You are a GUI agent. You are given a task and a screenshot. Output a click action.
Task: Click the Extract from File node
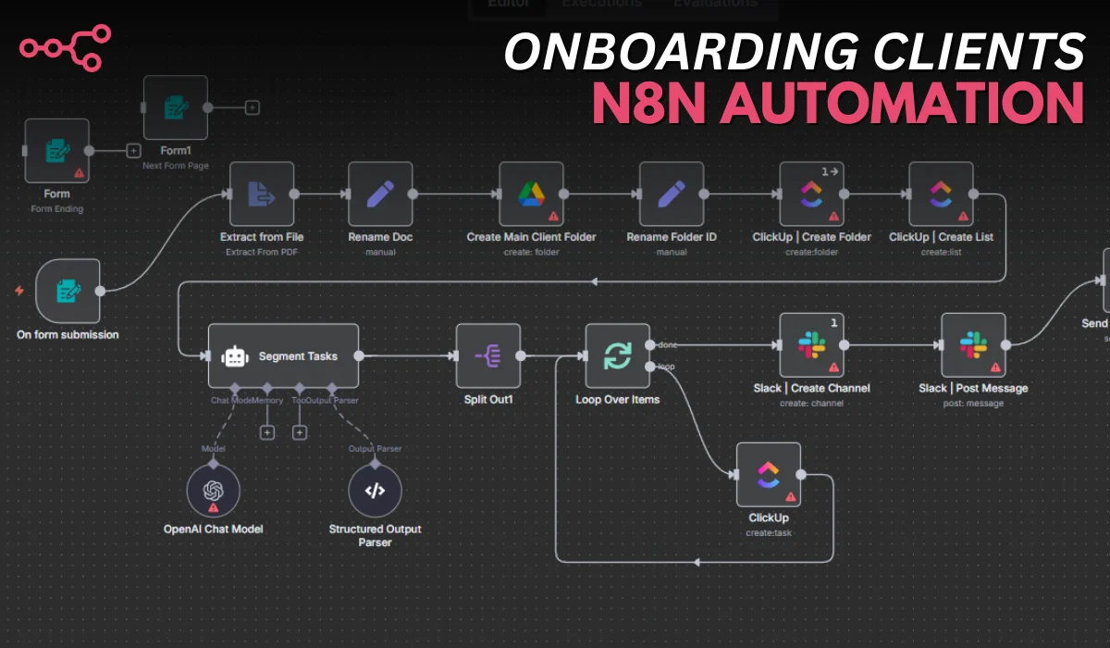pos(261,193)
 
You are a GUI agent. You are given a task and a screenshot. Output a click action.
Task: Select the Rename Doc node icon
pos(380,193)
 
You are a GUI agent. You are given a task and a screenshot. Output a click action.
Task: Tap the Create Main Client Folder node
pos(531,193)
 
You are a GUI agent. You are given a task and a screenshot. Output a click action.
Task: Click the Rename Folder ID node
pos(671,193)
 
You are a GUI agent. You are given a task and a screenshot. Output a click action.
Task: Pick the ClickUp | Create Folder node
pos(811,193)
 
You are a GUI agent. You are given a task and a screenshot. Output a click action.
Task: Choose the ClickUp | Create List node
pos(941,193)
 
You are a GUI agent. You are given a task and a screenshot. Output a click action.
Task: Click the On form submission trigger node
pos(68,291)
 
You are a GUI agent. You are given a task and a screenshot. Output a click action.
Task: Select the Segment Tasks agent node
pos(283,355)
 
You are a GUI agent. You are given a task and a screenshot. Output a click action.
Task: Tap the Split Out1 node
pos(487,355)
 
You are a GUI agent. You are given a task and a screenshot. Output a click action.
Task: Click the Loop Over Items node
pos(617,355)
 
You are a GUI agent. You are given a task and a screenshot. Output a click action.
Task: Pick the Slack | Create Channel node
pos(811,345)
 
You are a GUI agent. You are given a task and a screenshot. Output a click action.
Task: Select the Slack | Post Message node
pos(973,345)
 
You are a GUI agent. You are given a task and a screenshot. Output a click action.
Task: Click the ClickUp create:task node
pos(768,474)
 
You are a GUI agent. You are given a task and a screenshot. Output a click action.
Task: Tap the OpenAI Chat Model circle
pos(213,491)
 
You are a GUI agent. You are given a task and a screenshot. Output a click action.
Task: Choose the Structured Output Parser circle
pos(375,491)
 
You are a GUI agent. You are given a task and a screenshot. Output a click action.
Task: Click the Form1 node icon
pos(175,107)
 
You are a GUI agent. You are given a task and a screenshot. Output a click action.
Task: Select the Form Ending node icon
pos(56,150)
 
